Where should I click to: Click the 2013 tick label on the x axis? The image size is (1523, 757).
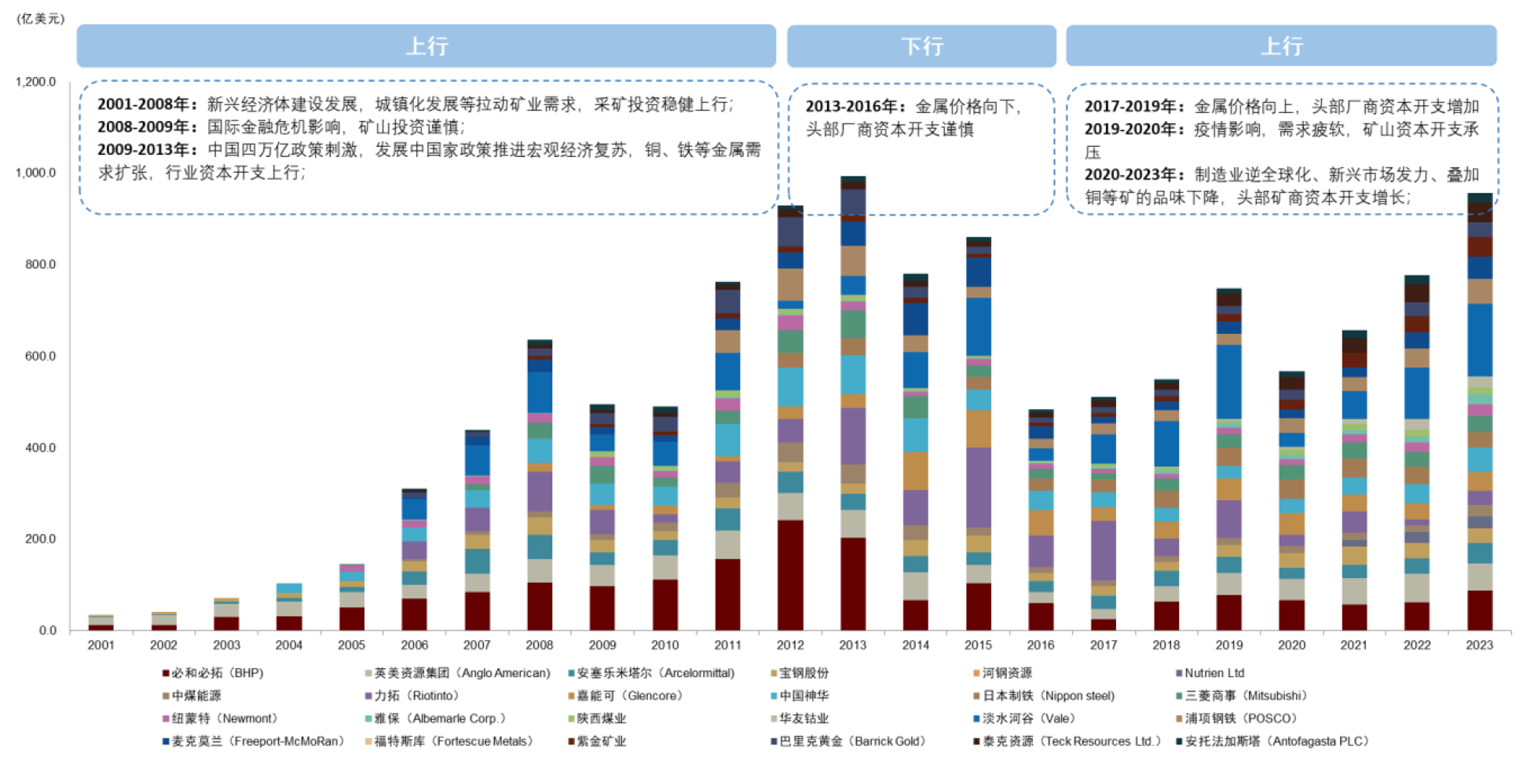point(852,645)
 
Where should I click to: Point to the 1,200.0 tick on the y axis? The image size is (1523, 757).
point(36,82)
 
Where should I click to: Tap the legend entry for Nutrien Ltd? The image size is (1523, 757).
point(1214,673)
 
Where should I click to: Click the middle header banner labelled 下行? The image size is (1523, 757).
point(921,46)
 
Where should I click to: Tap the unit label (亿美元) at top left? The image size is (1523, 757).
point(41,18)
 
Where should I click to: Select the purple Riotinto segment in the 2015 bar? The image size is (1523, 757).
point(978,487)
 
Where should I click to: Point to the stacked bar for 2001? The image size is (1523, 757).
point(101,623)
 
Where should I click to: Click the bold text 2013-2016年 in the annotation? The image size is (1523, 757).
point(857,107)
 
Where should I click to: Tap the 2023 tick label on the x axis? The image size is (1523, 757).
point(1479,645)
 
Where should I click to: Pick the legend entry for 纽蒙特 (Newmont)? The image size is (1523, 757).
point(225,719)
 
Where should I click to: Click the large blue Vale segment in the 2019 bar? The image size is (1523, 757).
point(1228,382)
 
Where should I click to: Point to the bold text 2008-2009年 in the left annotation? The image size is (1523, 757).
point(148,127)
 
